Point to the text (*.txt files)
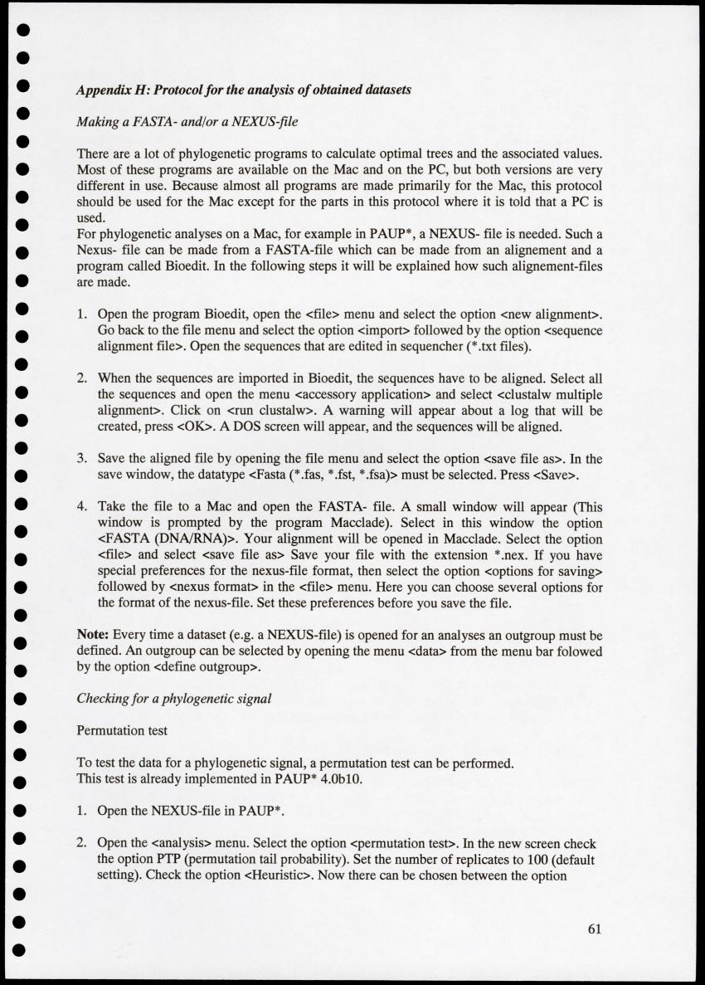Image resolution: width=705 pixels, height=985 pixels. pyautogui.click(x=479, y=345)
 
